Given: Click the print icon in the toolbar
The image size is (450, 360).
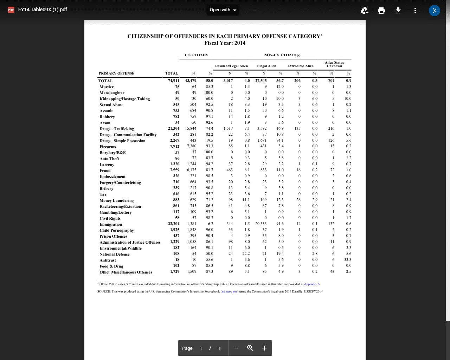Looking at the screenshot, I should pos(381,10).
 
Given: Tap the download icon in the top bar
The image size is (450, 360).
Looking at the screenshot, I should pos(398,10).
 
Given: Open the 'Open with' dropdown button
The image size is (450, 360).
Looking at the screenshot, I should pos(223,10).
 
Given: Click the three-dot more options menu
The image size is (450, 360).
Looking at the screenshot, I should pos(415,10).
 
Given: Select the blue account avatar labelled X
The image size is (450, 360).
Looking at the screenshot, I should pos(435,10).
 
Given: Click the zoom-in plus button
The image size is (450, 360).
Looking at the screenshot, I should pos(264,348).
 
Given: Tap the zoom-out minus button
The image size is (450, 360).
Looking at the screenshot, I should pos(236,348).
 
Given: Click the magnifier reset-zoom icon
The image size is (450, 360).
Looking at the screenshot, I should pos(250,348).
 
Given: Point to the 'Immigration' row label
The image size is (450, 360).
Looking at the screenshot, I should pos(111,224).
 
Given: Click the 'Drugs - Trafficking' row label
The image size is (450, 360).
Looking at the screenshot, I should pos(117,129).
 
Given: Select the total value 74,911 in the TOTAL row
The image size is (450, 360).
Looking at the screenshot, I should pos(174,81).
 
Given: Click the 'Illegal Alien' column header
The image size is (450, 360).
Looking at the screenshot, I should pos(266,66).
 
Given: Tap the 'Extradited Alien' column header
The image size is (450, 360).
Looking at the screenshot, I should pos(300,66).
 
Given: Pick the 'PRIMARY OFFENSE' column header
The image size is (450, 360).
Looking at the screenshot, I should pos(116,73).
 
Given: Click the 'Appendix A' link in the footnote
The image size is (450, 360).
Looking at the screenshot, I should pos(312,284).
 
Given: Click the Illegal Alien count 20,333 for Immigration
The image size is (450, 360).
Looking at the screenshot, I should pos(261,224).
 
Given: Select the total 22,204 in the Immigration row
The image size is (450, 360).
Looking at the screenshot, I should pos(174,224).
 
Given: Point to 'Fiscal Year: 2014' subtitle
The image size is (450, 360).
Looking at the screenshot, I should pos(225,43).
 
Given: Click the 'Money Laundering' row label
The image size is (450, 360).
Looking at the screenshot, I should pos(116,200).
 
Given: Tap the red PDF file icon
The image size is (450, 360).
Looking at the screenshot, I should pos(11,10).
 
